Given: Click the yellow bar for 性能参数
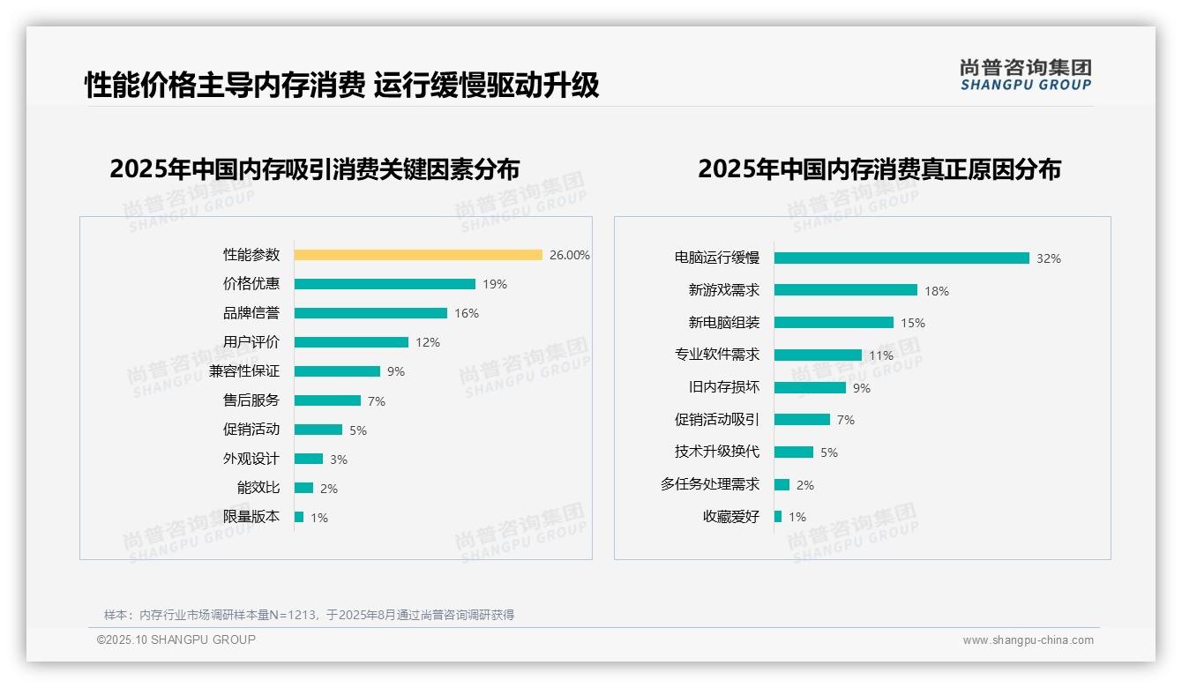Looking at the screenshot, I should (x=418, y=255).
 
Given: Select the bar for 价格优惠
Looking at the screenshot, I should (x=385, y=284).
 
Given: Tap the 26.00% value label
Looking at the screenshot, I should (x=569, y=255).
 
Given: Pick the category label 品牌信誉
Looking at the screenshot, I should (x=251, y=313).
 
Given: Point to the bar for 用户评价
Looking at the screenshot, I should (x=351, y=342).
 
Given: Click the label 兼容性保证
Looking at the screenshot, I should (x=243, y=371).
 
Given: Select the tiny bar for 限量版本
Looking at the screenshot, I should (x=299, y=517).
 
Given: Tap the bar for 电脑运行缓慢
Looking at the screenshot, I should (x=901, y=258).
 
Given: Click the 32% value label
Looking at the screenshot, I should (x=1048, y=258).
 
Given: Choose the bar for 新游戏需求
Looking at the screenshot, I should (x=846, y=290).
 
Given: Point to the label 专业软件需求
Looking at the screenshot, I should (x=716, y=355).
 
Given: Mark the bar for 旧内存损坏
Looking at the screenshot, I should (x=810, y=387).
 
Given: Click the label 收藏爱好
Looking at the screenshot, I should (x=730, y=517).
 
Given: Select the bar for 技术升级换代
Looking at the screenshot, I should (x=794, y=452).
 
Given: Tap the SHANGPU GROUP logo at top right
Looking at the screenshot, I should (x=1025, y=75).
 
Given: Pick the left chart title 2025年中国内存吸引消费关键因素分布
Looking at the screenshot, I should (x=314, y=168).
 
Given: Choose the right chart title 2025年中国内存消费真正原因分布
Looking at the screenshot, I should (x=879, y=168).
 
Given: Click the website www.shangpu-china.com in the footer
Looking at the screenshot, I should (x=1028, y=640).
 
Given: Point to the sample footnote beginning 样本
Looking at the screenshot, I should (x=309, y=615).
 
